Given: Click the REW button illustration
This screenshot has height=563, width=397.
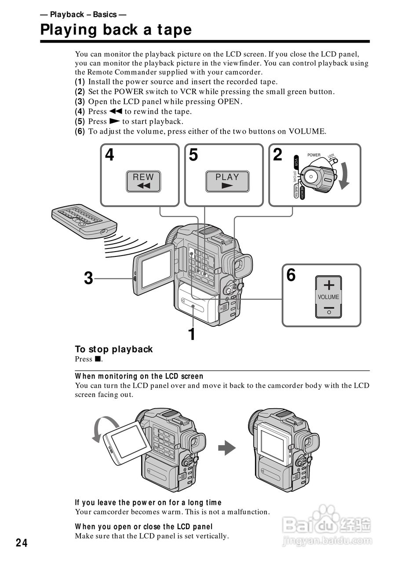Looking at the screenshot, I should [x=143, y=182].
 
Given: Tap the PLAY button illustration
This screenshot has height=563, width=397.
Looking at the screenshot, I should [x=227, y=182].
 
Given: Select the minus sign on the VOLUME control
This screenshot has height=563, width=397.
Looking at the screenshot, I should [x=328, y=310].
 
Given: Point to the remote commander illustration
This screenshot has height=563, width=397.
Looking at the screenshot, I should [x=84, y=220].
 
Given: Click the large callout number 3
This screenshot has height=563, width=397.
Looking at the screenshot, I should [x=89, y=278].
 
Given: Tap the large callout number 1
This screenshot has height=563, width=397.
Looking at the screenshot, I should [x=191, y=334].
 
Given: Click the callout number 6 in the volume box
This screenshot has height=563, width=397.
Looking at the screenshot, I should [x=291, y=275].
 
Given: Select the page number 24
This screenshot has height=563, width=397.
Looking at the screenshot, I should [x=22, y=543].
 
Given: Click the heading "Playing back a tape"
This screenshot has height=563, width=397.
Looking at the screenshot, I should [x=116, y=30].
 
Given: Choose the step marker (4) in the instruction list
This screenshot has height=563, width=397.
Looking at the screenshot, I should [x=80, y=112].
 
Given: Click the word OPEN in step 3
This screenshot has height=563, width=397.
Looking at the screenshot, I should [x=229, y=102].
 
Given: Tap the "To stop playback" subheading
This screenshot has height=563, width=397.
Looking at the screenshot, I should [x=113, y=349].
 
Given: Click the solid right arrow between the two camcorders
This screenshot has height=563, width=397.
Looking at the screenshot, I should [x=227, y=448].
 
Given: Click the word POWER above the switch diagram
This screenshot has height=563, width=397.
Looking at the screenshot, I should [x=314, y=155].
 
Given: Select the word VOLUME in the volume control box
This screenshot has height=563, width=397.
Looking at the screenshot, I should [x=328, y=297].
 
